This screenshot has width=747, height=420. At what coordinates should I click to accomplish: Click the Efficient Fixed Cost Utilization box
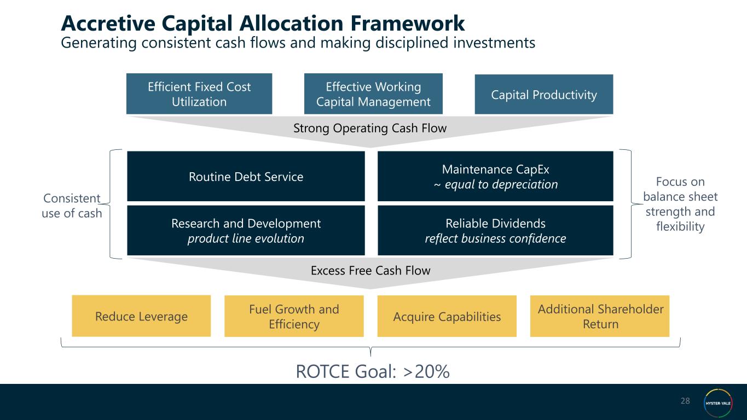pos(199,94)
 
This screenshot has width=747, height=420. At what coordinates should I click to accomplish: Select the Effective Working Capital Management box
pos(373,94)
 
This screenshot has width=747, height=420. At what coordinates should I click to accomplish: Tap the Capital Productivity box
pos(544,94)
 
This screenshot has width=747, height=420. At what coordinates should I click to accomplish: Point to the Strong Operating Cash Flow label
pos(370,129)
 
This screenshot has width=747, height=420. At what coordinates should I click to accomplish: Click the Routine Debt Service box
pos(246,176)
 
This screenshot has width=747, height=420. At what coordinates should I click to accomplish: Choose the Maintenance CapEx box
pos(495,176)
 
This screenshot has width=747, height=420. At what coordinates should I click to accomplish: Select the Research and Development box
pos(246,230)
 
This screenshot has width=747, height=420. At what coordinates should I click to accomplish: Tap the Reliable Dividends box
pos(495,230)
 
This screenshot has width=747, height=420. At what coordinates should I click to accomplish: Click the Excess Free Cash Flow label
pos(370,270)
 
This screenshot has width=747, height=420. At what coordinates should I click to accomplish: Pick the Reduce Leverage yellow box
pos(141,316)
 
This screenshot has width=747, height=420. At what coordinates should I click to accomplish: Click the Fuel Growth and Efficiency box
pos(294,316)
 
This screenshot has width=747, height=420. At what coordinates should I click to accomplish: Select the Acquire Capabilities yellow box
pos(447,316)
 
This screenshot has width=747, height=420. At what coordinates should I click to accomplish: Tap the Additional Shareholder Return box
pos(600,316)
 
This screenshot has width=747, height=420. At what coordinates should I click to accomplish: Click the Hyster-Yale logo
pos(718,403)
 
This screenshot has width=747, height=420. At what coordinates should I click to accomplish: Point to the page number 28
pos(685,401)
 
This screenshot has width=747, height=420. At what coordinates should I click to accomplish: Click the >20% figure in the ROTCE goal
pos(426,372)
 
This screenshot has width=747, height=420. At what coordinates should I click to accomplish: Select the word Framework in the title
pos(408,24)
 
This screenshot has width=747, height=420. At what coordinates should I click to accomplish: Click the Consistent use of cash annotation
pos(72,206)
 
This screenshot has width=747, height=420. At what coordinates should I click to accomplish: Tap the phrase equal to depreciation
pos(501,184)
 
